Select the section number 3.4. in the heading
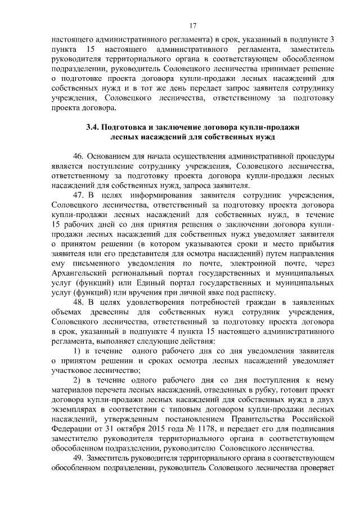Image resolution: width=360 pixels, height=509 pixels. (x=94, y=127)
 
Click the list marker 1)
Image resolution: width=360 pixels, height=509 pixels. (x=78, y=352)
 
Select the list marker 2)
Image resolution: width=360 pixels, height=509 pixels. (x=78, y=381)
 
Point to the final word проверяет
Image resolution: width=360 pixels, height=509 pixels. (x=319, y=469)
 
